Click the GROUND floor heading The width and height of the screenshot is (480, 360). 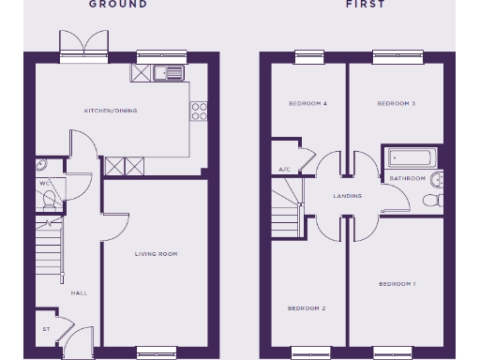tap(118, 5)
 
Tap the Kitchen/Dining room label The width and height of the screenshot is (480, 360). tap(111, 111)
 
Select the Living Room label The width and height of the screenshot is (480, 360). tap(156, 253)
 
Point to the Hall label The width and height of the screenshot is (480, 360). tap(79, 292)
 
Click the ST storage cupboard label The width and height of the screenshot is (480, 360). tap(45, 329)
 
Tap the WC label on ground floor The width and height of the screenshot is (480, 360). tap(43, 184)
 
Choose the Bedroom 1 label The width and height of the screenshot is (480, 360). tap(397, 283)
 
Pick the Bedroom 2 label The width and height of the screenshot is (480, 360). tap(307, 307)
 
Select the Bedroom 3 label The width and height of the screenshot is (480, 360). tap(397, 103)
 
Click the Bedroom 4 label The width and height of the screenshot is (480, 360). tap(307, 103)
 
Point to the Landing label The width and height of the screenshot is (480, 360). tap(348, 196)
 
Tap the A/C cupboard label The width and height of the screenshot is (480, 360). tap(284, 170)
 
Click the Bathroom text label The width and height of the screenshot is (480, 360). tap(407, 178)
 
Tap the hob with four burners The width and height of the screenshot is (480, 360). tap(199, 112)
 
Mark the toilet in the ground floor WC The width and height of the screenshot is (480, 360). tap(50, 199)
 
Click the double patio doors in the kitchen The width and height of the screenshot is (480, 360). tap(73, 44)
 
